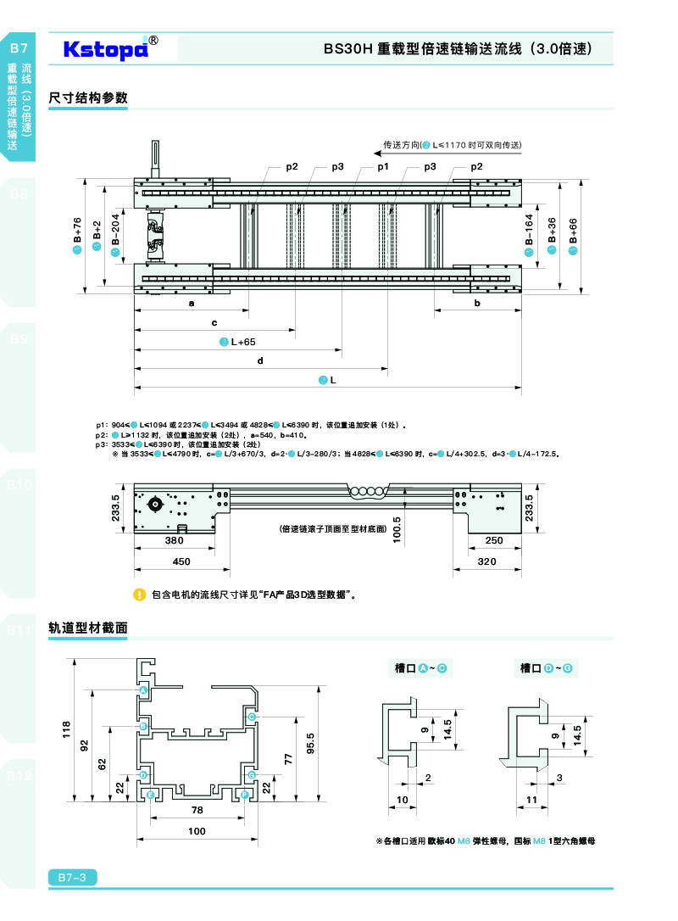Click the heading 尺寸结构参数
pos(88,98)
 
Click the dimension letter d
pos(260,361)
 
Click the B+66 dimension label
pos(573,232)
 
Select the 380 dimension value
pos(174,540)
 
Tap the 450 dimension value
pos(181,561)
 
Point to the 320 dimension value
pos(486,561)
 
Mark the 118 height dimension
pos(66,729)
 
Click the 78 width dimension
pos(197,811)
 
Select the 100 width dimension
pos(197,832)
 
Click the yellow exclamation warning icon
pos(140,594)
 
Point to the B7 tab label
pos(19,48)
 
